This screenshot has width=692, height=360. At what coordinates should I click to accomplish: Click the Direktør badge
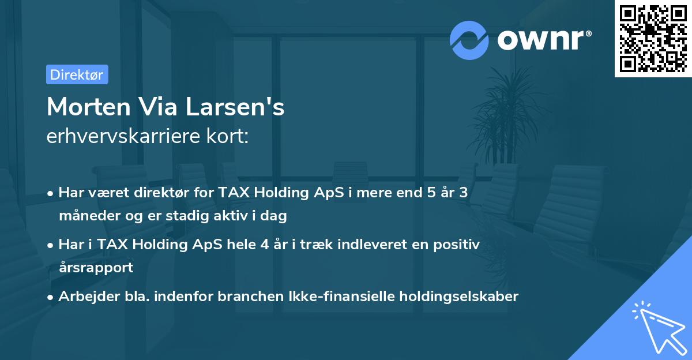(77, 74)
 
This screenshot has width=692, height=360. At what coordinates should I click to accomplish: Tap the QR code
(652, 38)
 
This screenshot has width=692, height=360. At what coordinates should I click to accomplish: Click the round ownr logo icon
(471, 39)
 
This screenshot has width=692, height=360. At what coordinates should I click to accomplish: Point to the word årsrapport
(96, 267)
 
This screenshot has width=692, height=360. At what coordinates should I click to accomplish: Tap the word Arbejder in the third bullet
(85, 297)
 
